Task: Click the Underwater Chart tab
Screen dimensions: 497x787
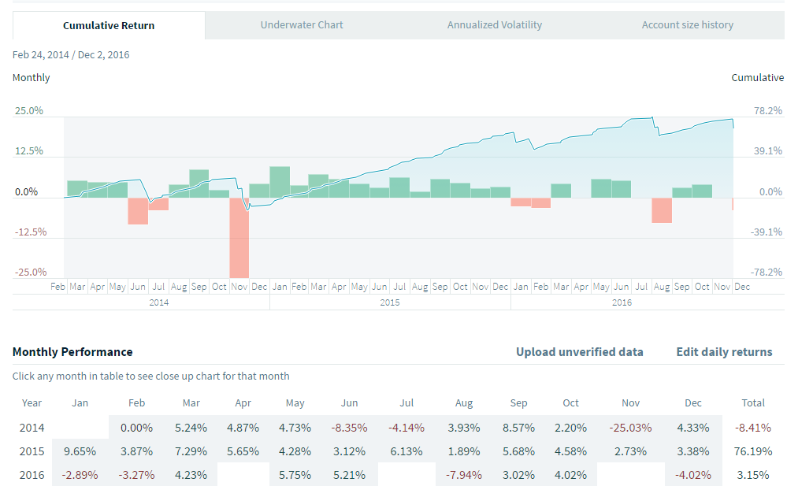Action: (x=302, y=25)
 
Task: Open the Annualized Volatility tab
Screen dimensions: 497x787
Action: (x=495, y=25)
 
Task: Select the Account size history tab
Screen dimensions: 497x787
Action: (x=687, y=25)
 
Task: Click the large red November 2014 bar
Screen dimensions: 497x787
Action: (x=239, y=237)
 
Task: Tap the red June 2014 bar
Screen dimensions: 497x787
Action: (x=138, y=211)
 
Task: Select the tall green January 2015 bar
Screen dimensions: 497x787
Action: (x=280, y=182)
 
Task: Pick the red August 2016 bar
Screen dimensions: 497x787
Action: (x=662, y=210)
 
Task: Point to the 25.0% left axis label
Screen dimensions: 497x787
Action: (x=29, y=111)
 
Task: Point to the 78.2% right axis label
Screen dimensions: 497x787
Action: (x=767, y=111)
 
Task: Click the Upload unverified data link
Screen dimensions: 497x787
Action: (x=579, y=352)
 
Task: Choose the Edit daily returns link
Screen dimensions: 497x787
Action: (x=724, y=352)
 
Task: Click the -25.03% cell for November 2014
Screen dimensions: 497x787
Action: (x=631, y=428)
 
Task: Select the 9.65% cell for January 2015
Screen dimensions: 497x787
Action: (x=80, y=451)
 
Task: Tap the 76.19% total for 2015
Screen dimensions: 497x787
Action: (x=753, y=451)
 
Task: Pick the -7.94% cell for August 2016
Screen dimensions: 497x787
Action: (x=464, y=475)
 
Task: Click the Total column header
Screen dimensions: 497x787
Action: (x=753, y=402)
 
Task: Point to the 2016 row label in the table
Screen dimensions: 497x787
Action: (x=32, y=475)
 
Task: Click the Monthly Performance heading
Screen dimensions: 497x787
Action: (x=72, y=352)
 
